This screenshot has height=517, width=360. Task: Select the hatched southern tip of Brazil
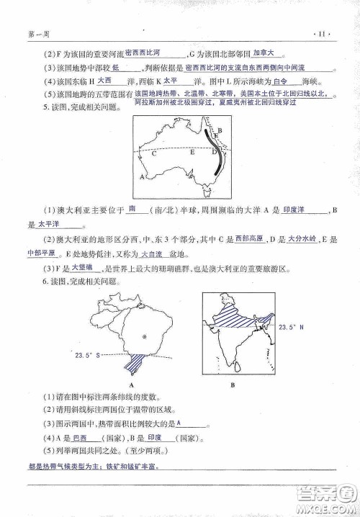[x=133, y=364]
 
